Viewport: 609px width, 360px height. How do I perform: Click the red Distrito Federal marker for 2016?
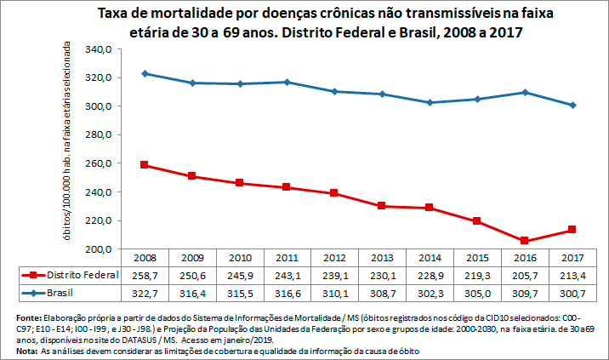(x=525, y=241)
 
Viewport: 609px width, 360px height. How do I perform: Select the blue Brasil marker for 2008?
(x=145, y=73)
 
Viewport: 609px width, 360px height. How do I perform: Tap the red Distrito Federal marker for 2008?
(x=145, y=164)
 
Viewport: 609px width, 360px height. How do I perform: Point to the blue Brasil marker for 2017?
(x=572, y=105)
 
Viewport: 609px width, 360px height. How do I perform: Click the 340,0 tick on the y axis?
(x=99, y=49)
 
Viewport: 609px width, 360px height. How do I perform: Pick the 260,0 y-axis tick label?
(x=99, y=163)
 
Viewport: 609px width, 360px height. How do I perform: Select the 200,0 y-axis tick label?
(x=99, y=249)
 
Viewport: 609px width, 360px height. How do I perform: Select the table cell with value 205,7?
(x=525, y=275)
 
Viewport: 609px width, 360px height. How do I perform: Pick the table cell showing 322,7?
(x=145, y=292)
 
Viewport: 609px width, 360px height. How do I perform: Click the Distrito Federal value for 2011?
(x=287, y=275)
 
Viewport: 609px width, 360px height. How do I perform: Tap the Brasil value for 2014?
(x=430, y=292)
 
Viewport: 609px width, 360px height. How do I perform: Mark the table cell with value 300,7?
(x=572, y=292)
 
